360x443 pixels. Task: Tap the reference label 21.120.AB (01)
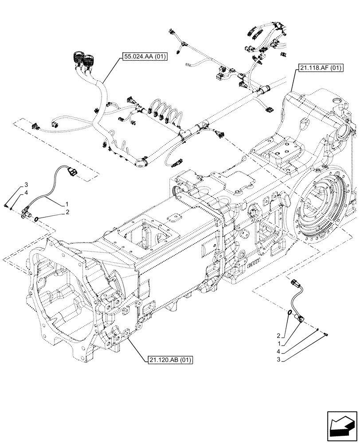(168, 360)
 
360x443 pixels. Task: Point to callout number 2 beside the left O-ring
(68, 213)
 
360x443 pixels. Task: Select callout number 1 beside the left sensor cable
(67, 204)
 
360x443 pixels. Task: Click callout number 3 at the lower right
(279, 360)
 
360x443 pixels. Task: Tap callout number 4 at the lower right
(279, 352)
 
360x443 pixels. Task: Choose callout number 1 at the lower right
(279, 343)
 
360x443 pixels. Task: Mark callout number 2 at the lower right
(279, 335)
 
